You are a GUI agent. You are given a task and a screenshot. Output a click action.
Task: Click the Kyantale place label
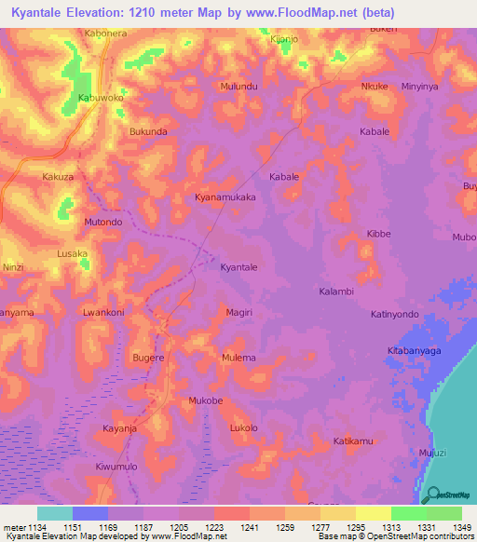[x=238, y=267]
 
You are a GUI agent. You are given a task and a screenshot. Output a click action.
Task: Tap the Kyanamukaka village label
[x=225, y=198]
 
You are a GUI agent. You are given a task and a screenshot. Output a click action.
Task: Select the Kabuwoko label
[x=101, y=97]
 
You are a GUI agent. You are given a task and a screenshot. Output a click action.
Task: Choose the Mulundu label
[x=238, y=86]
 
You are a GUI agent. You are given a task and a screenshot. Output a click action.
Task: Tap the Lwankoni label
[x=103, y=313]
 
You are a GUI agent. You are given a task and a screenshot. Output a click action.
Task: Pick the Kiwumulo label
[x=116, y=465]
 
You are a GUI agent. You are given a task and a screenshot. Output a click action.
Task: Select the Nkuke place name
[x=374, y=87]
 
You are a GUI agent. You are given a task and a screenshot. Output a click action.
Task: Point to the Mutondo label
[x=103, y=223]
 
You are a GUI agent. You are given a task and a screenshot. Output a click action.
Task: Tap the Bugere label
[x=148, y=358]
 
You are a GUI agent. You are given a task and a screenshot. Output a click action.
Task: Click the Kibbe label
[x=378, y=234]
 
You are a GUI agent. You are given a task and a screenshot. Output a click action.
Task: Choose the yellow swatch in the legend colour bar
[x=373, y=513]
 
